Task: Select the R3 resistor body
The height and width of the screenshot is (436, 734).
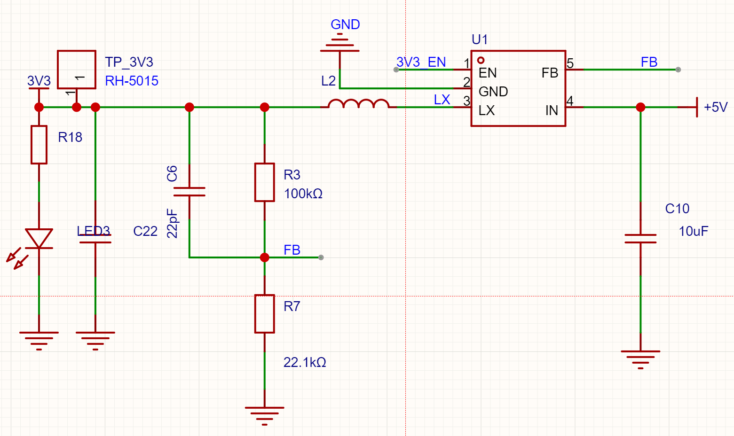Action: pyautogui.click(x=264, y=182)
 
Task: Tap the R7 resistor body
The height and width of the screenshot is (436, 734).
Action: pyautogui.click(x=264, y=314)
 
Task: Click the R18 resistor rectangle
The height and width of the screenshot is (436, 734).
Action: pyautogui.click(x=39, y=145)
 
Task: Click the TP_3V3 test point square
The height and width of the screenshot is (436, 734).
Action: pyautogui.click(x=77, y=70)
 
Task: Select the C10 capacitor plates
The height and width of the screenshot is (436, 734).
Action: pyautogui.click(x=640, y=239)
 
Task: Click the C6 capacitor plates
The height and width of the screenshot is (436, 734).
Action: pyautogui.click(x=189, y=192)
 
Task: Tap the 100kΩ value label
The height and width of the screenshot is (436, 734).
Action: pyautogui.click(x=303, y=194)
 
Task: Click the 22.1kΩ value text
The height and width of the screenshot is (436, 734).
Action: pyautogui.click(x=305, y=362)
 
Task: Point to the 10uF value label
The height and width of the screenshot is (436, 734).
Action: pyautogui.click(x=693, y=232)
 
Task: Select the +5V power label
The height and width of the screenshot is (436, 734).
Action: pyautogui.click(x=716, y=107)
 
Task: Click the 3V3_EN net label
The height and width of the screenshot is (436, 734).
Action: pyautogui.click(x=421, y=62)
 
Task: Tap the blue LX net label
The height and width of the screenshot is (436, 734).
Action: pyautogui.click(x=442, y=100)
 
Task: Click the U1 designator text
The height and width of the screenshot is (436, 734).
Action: pyautogui.click(x=480, y=39)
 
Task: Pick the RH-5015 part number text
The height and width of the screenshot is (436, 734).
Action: pyautogui.click(x=132, y=81)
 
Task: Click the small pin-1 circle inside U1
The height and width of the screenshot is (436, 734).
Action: pyautogui.click(x=481, y=60)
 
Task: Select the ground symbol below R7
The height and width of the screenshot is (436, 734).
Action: pyautogui.click(x=264, y=416)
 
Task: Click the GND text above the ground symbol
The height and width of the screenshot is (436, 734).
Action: pyautogui.click(x=346, y=24)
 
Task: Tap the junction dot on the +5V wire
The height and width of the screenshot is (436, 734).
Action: pyautogui.click(x=640, y=107)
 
